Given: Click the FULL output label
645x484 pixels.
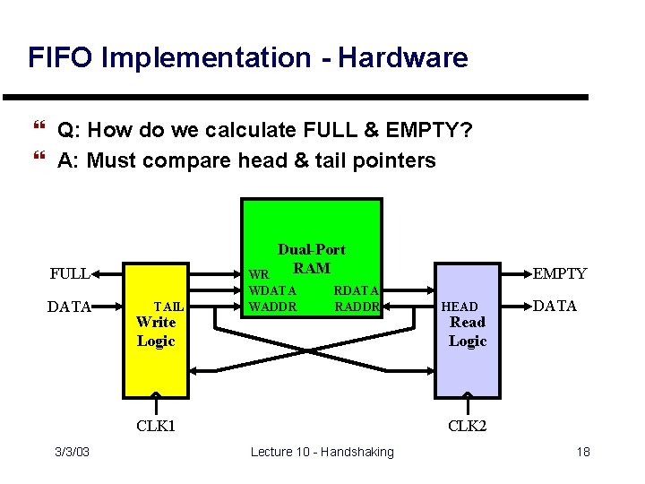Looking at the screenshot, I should pos(69,273).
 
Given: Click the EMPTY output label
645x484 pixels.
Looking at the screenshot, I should pos(560,273).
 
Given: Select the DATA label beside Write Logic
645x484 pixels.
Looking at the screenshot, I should pos(70,307).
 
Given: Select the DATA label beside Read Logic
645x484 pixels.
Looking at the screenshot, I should pos(555,306).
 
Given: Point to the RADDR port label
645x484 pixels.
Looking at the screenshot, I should pos(358,307).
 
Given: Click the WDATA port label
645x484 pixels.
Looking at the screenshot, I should pos(272,290).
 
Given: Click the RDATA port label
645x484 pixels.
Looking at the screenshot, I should pos(357,290).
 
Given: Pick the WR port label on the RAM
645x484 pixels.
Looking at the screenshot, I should pos(258,274).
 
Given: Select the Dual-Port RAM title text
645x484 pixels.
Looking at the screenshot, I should pos(311,258).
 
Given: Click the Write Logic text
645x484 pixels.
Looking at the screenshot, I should pos(156,331).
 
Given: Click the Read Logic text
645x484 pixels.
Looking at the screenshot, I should pos(468,331).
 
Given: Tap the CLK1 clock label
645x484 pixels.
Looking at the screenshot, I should pos(156,425).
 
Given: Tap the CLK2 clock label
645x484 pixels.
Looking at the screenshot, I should pos(468,425).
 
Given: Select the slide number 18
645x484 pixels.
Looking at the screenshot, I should pos(583,452).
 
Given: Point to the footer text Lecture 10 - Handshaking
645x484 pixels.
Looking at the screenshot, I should pos(322,452).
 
